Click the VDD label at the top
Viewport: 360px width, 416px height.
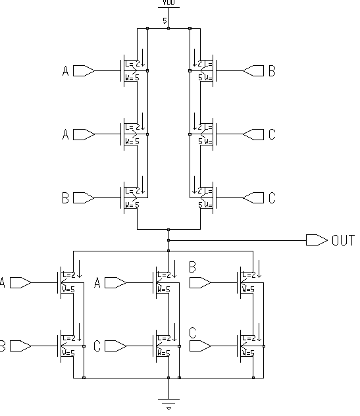point(168,3)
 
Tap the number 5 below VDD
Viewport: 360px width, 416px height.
point(165,21)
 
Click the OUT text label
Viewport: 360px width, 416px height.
point(343,241)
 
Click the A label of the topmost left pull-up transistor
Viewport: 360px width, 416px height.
point(65,70)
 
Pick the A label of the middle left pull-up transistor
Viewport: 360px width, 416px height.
point(65,134)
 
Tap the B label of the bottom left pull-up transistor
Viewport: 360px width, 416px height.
point(65,197)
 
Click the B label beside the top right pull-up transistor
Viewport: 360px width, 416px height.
point(271,70)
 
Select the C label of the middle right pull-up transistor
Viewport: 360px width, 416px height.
point(271,134)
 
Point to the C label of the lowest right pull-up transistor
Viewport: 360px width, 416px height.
point(271,197)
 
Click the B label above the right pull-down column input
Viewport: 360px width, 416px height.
point(193,267)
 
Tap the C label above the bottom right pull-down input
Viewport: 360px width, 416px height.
point(193,332)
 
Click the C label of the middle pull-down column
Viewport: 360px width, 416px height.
point(97,346)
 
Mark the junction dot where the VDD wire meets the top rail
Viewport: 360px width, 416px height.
point(169,29)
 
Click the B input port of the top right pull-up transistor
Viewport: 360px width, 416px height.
point(253,70)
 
